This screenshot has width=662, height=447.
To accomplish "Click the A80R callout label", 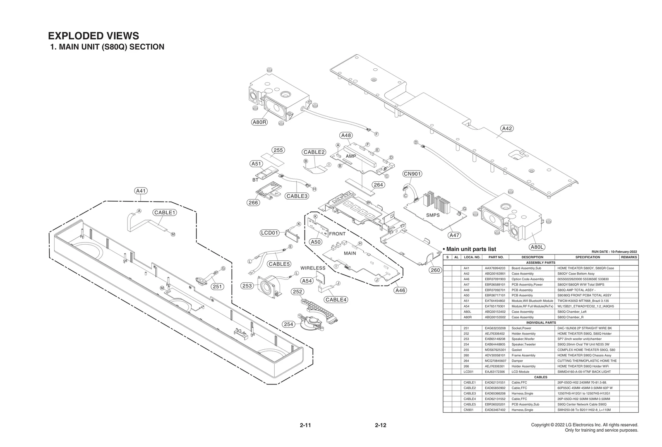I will pyautogui.click(x=260, y=122).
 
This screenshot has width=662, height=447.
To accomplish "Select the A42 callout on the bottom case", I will pyautogui.click(x=507, y=128).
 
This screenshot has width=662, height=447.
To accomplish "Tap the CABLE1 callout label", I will pyautogui.click(x=165, y=212).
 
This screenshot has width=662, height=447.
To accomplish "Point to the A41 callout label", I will pyautogui.click(x=141, y=191).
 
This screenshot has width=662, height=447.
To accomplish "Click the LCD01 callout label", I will pyautogui.click(x=270, y=233).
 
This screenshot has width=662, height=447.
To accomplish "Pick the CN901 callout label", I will pyautogui.click(x=412, y=174).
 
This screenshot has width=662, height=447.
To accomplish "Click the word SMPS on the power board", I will pyautogui.click(x=433, y=215).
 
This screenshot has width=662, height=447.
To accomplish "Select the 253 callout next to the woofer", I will pyautogui.click(x=247, y=286).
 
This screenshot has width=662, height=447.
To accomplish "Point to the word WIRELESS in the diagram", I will pyautogui.click(x=313, y=268).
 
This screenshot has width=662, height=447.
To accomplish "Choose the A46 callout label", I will pyautogui.click(x=400, y=291).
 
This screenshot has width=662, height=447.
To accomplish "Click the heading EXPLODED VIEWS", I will pyautogui.click(x=94, y=36).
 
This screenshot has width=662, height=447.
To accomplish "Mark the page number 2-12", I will pyautogui.click(x=380, y=425).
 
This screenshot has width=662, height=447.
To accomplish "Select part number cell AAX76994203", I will pyautogui.click(x=495, y=268).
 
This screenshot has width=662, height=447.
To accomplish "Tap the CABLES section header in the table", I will pyautogui.click(x=540, y=377).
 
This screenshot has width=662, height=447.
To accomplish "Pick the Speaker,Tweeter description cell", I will pyautogui.click(x=523, y=344).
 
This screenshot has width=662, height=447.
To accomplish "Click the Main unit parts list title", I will pyautogui.click(x=471, y=249).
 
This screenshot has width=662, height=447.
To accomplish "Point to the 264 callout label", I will pyautogui.click(x=378, y=185).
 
